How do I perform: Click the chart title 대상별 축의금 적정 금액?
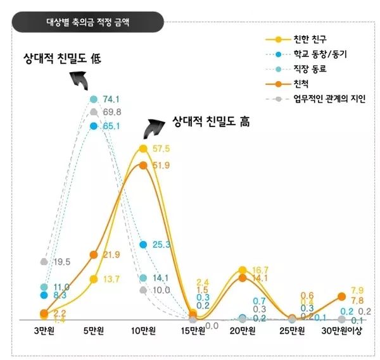pyautogui.click(x=89, y=21)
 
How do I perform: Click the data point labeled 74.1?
pyautogui.click(x=94, y=99)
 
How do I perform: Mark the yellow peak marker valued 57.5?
pyautogui.click(x=143, y=149)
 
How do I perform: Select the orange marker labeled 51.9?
pyautogui.click(x=143, y=165)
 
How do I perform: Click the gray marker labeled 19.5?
pyautogui.click(x=44, y=261)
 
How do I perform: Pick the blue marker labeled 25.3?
pyautogui.click(x=143, y=244)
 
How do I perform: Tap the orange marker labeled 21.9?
pyautogui.click(x=94, y=254)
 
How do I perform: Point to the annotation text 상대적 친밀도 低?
pyautogui.click(x=63, y=59)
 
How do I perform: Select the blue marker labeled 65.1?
pyautogui.click(x=94, y=126)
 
